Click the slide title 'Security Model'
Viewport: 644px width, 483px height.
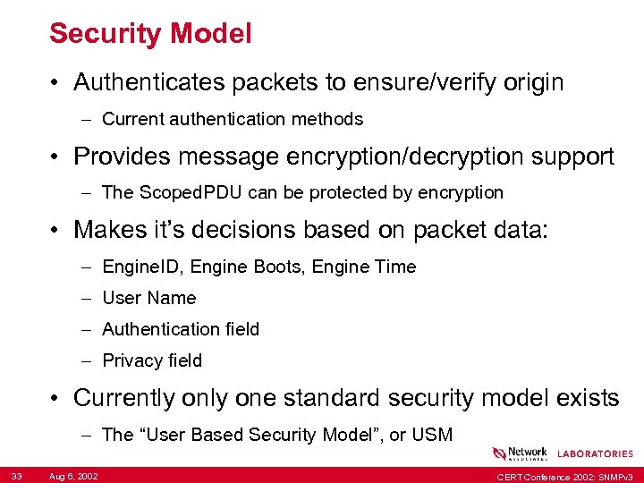(x=150, y=34)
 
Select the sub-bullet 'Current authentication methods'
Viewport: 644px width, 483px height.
(x=233, y=119)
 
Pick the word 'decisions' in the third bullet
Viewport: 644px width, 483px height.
(x=254, y=230)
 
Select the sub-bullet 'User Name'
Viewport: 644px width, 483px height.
(x=148, y=298)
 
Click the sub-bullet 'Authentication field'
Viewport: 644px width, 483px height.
(x=181, y=329)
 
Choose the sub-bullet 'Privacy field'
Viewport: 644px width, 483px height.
(x=152, y=360)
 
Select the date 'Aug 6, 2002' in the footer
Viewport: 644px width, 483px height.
(x=74, y=474)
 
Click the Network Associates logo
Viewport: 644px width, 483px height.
(x=519, y=453)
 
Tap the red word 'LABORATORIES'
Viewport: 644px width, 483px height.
(x=595, y=454)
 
